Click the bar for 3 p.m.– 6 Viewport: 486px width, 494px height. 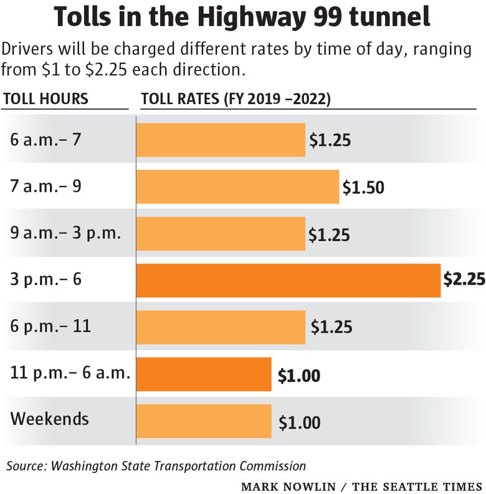288,280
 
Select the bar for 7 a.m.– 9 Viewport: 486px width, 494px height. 237,186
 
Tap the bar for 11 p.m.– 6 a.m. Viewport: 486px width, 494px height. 204,374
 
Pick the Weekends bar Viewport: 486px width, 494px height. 204,422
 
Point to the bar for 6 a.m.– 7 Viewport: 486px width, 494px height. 221,140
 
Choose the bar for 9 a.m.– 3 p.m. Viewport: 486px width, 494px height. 221,234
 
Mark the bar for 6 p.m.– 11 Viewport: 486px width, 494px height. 221,327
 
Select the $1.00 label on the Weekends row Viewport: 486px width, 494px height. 299,423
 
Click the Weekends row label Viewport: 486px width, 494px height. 49,419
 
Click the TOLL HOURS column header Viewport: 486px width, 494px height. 46,99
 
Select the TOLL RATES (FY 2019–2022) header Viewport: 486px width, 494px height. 236,99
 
